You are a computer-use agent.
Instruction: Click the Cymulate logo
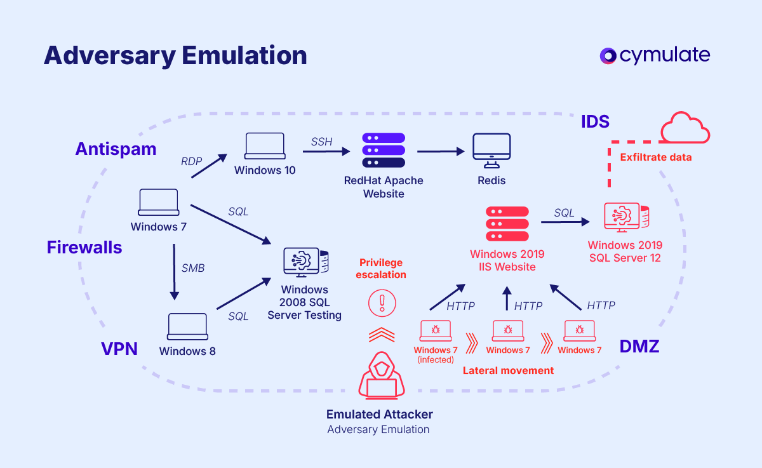pos(655,56)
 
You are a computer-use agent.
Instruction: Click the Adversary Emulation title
pos(175,56)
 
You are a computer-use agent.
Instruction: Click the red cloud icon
pos(685,128)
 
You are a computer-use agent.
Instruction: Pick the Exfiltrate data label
pos(655,157)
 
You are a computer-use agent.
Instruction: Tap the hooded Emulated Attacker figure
pos(381,375)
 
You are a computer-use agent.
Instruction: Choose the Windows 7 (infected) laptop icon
pos(436,330)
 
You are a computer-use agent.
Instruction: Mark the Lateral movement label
pos(508,370)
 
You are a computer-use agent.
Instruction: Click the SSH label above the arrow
pos(321,142)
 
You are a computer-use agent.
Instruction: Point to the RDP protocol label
pos(191,161)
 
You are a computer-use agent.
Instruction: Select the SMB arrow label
pos(193,268)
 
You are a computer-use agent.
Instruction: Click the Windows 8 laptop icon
pos(187,326)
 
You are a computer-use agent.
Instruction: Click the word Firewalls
pos(84,248)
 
